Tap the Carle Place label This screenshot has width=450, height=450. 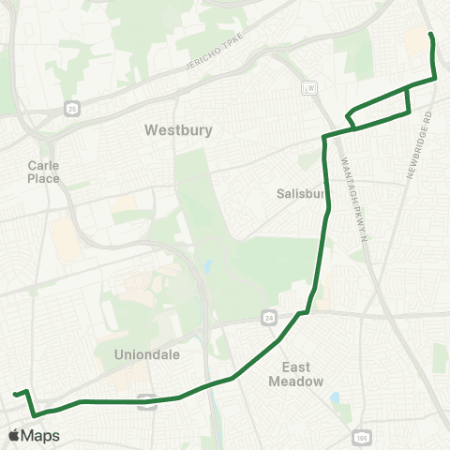tap(44, 172)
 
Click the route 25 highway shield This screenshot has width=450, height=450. tap(73, 110)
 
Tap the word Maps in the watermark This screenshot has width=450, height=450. tap(41, 436)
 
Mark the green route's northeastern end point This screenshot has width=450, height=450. tap(431, 35)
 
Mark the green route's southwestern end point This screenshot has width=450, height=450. tap(14, 395)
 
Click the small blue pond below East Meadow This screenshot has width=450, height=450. tap(335, 397)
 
